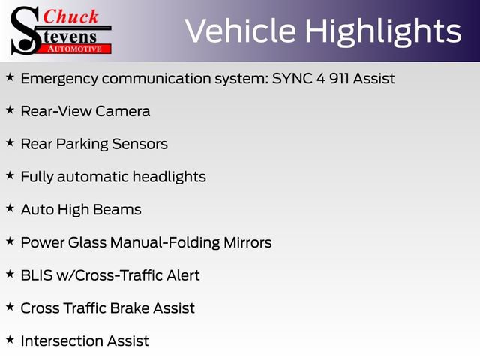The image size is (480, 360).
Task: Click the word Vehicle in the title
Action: tap(239, 31)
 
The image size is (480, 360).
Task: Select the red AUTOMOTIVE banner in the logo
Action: tap(75, 49)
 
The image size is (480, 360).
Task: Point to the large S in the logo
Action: tap(24, 30)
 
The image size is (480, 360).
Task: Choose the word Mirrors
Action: tap(247, 242)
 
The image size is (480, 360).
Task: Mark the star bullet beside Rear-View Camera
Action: tap(10, 110)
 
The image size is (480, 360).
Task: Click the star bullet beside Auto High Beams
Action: tap(10, 208)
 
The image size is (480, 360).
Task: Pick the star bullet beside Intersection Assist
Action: tap(10, 340)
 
